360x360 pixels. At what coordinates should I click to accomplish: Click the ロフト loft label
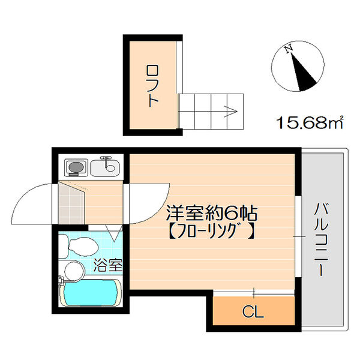coord(152,85)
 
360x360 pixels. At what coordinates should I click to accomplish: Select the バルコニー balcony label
coord(322,239)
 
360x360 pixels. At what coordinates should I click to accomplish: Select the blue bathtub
coord(90,294)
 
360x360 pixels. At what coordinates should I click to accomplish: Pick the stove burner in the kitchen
coord(75,166)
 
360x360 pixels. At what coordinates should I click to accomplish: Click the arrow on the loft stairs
coord(231,110)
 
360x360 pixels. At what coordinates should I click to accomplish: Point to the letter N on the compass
coord(289,47)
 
